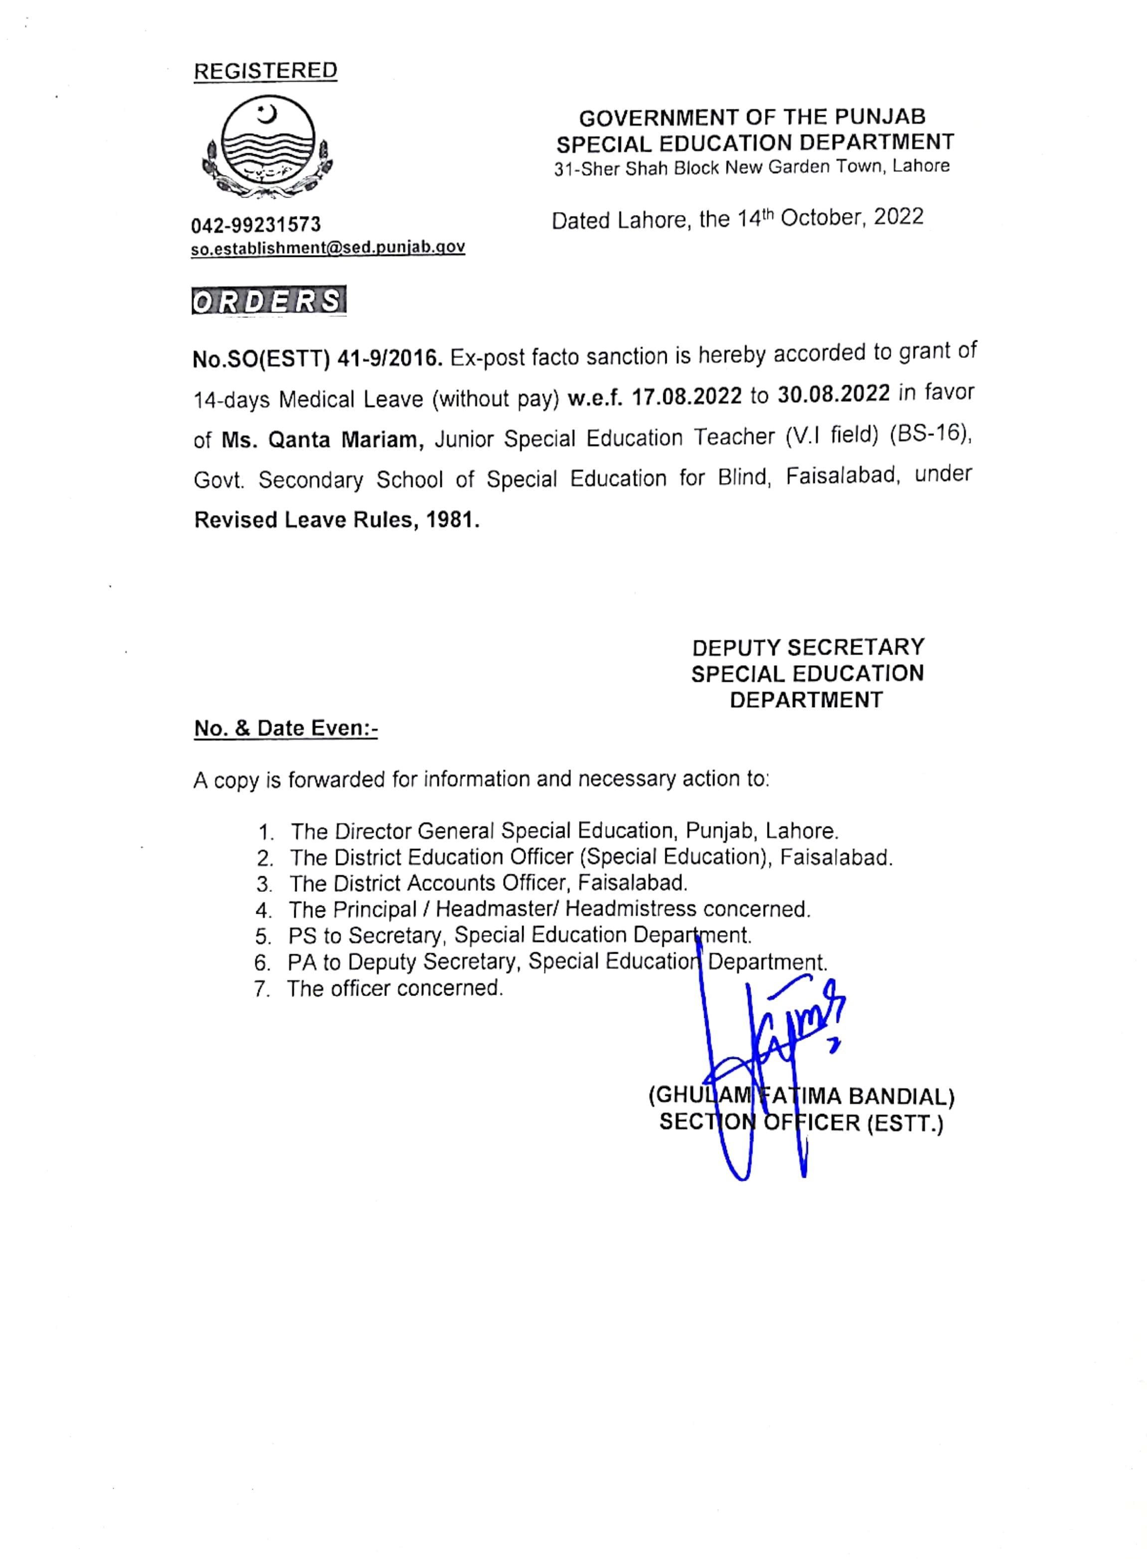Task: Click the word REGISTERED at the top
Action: coord(265,71)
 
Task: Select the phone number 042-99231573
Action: coord(256,225)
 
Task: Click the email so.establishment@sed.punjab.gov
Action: coord(328,248)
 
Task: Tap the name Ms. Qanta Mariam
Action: coord(323,440)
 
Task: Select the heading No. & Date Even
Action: coord(285,729)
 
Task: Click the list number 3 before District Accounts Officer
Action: coord(263,884)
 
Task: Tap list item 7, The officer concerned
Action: coord(394,988)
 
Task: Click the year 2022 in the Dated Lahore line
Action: coord(899,218)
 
